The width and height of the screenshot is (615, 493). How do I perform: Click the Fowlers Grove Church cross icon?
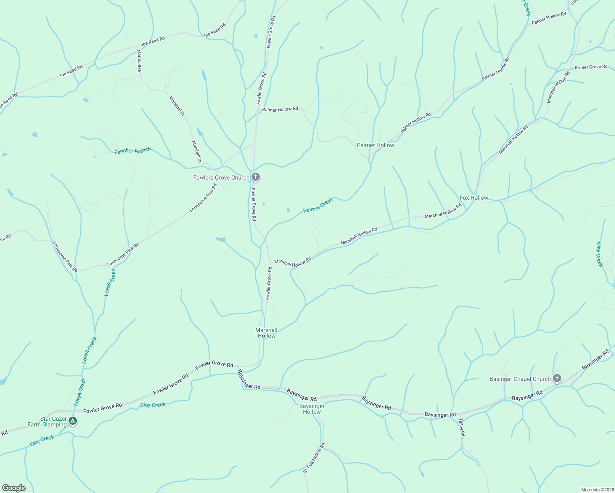pos(256,177)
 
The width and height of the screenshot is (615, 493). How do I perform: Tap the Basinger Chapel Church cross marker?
pos(557,378)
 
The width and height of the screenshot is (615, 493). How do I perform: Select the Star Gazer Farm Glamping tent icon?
pos(73,421)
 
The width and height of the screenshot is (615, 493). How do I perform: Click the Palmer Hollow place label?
pos(375,145)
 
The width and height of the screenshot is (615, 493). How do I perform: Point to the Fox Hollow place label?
pos(474,198)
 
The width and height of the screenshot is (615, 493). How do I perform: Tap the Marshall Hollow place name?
pos(266,333)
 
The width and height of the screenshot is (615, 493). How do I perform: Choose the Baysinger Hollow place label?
pos(312,409)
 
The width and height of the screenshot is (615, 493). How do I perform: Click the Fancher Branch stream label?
pos(132,151)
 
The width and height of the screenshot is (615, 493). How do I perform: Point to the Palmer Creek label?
pos(318,205)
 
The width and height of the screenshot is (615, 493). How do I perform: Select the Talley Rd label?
pos(462,427)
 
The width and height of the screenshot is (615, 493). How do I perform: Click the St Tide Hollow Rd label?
pos(314,458)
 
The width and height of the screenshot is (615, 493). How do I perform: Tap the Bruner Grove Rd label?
pos(591,67)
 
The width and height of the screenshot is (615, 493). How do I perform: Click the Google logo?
pos(14,488)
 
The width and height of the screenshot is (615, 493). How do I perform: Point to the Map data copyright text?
pos(597,490)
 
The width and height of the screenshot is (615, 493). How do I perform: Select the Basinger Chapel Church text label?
pos(520,379)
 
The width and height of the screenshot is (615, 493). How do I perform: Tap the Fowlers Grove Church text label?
pos(221,177)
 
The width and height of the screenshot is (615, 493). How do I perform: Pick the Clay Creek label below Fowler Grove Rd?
pos(153,405)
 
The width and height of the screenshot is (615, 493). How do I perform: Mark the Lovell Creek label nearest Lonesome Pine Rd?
pos(110,282)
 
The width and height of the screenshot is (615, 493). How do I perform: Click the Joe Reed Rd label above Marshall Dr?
pos(153,41)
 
